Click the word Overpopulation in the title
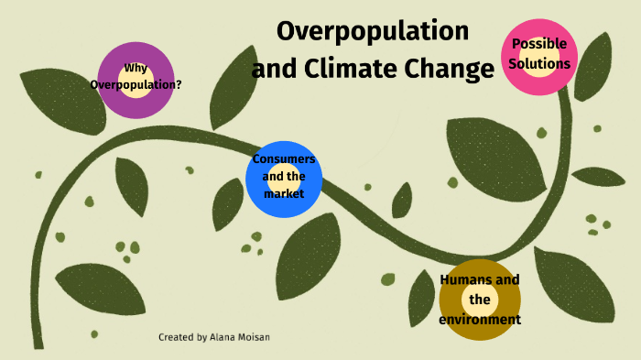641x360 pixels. point(373,31)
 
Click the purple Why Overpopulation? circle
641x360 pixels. point(136,80)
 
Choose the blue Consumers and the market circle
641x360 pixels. point(284,180)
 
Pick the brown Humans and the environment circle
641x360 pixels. point(480,300)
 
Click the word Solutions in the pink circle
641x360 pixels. point(540,64)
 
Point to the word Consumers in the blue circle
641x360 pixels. point(284,159)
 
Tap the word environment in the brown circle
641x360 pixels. point(480,320)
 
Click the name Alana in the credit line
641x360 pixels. point(225,337)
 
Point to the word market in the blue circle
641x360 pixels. point(283,193)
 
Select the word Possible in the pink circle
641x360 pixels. point(539,44)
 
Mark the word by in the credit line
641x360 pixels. point(201,337)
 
